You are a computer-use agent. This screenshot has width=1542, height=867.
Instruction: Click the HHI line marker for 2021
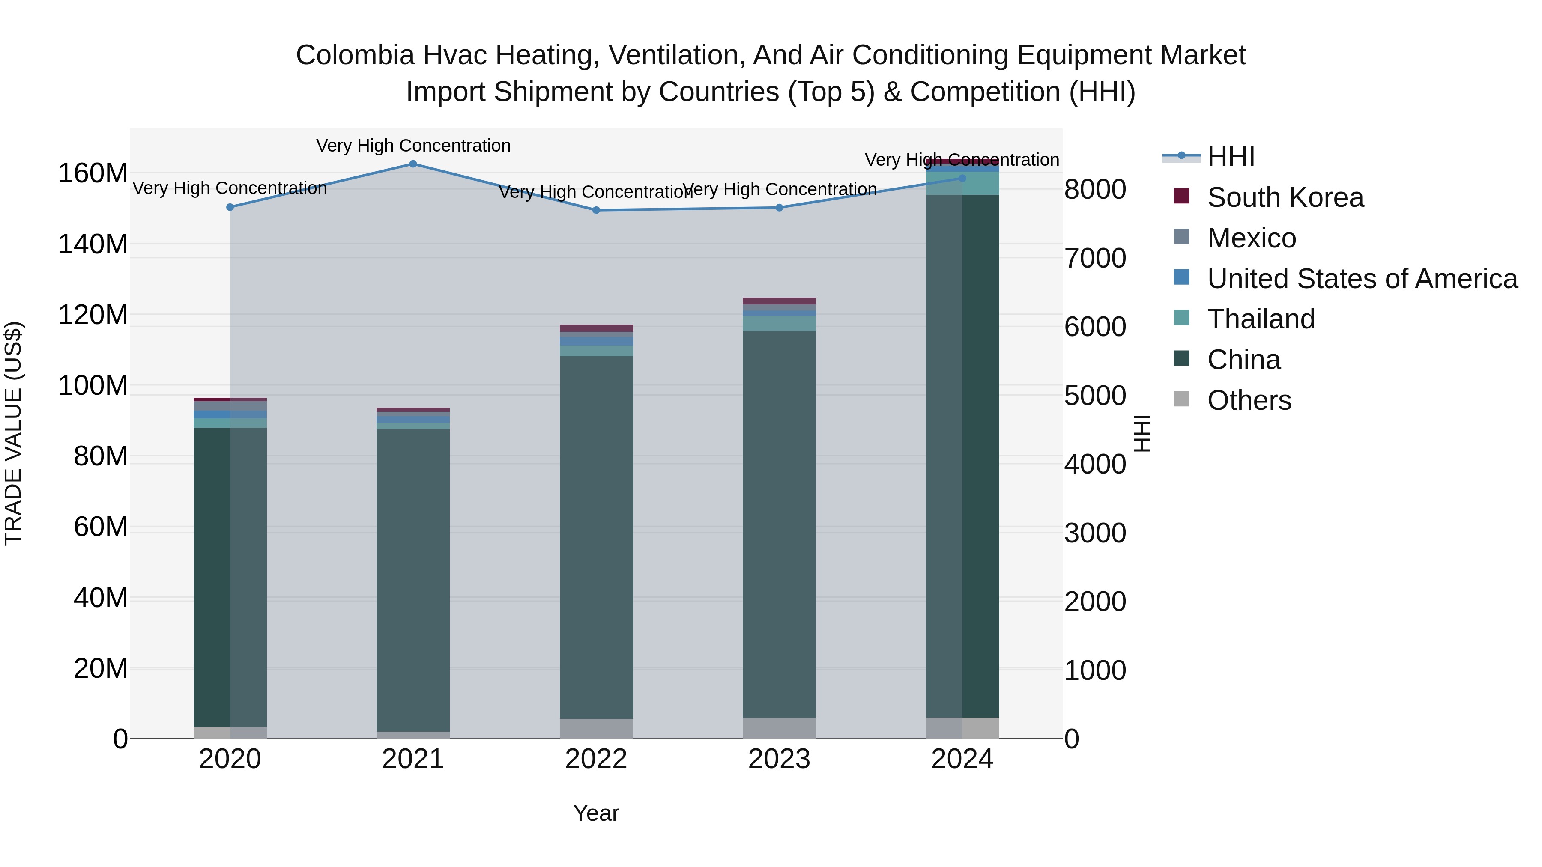point(413,164)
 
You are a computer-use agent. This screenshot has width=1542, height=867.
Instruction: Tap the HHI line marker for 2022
point(596,210)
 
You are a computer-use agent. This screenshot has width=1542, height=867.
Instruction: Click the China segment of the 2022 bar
point(596,539)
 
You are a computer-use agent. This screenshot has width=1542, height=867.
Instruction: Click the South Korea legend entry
point(1285,197)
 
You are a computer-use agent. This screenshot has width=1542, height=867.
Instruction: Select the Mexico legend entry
point(1251,238)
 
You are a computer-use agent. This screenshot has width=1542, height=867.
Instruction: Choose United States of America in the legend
point(1362,279)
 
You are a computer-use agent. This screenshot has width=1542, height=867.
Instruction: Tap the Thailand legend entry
point(1261,319)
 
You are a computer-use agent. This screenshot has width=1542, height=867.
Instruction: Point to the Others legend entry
point(1249,400)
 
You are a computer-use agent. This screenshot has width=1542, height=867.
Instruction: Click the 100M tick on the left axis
point(93,386)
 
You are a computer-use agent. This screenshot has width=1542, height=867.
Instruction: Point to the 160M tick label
point(93,174)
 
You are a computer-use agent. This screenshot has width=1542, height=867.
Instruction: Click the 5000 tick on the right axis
point(1095,396)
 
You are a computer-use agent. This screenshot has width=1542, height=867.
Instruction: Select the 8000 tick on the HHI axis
point(1095,190)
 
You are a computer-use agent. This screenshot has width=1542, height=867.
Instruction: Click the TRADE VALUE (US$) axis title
point(14,433)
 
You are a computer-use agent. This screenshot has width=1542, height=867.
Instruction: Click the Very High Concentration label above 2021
point(413,146)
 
